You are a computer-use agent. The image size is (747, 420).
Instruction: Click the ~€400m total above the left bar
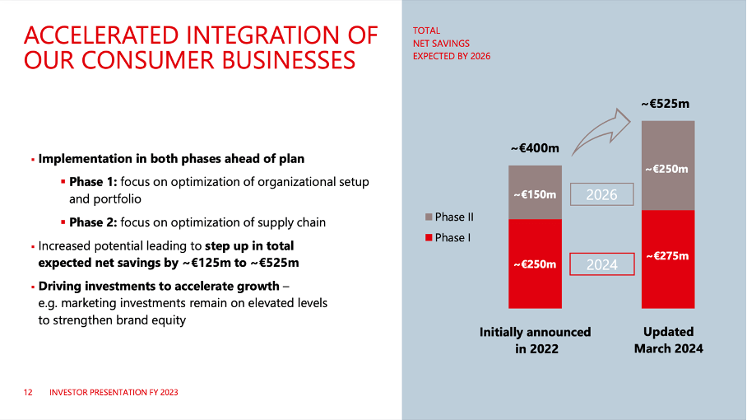coord(535,148)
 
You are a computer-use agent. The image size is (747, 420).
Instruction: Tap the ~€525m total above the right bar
coord(666,104)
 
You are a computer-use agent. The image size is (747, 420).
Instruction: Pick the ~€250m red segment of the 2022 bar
coord(535,264)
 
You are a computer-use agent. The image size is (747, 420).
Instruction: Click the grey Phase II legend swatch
coord(428,217)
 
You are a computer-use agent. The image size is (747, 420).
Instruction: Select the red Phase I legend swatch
coord(428,237)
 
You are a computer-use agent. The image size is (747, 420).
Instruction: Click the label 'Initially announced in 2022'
coord(535,340)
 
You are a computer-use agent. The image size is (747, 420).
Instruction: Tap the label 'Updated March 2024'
coord(668,340)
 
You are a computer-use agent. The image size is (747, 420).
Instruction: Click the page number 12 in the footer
coord(28,393)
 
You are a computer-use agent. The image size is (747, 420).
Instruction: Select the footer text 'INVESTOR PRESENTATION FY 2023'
coord(114,393)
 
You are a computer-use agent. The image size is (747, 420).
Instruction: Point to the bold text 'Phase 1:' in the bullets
coord(94,181)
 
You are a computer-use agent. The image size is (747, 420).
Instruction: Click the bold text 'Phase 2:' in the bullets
coord(94,222)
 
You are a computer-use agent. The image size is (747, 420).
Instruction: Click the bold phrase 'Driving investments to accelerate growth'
coord(159,287)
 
